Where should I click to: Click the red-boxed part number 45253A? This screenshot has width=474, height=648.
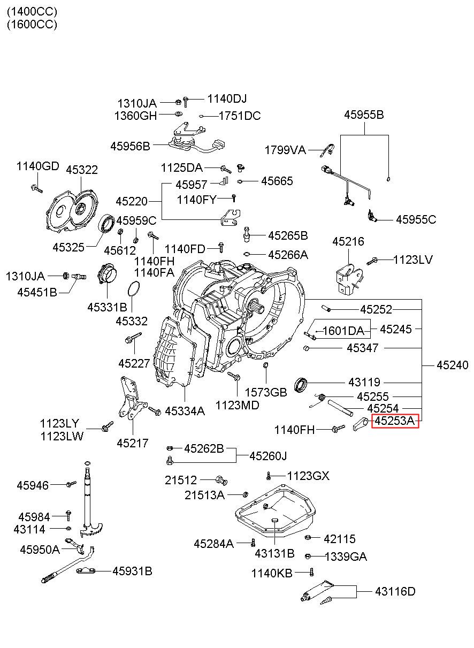click(x=395, y=421)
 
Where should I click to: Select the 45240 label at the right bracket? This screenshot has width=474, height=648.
click(x=452, y=365)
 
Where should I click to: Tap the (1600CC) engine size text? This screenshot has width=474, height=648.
click(x=32, y=24)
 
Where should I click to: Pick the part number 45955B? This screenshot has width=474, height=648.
click(x=364, y=115)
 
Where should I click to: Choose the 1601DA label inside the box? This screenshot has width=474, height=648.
click(x=343, y=331)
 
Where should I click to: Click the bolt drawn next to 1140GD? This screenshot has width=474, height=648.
click(x=36, y=188)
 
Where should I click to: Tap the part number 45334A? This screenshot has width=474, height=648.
click(x=185, y=411)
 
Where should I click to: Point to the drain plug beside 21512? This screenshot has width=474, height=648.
click(x=221, y=480)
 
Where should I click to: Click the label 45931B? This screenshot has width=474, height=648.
click(x=132, y=571)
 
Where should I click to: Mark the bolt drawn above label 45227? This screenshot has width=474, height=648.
click(x=133, y=338)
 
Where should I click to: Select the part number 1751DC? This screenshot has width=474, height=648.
click(x=240, y=116)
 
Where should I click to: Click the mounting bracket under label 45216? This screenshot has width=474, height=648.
click(x=348, y=279)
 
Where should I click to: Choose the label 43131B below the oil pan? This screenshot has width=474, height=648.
click(x=274, y=553)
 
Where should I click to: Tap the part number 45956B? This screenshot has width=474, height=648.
click(x=130, y=146)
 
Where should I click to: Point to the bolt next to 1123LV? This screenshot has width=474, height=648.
click(x=372, y=261)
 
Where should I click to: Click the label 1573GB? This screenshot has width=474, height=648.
click(x=266, y=392)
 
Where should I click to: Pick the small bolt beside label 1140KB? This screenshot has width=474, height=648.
click(x=311, y=572)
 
